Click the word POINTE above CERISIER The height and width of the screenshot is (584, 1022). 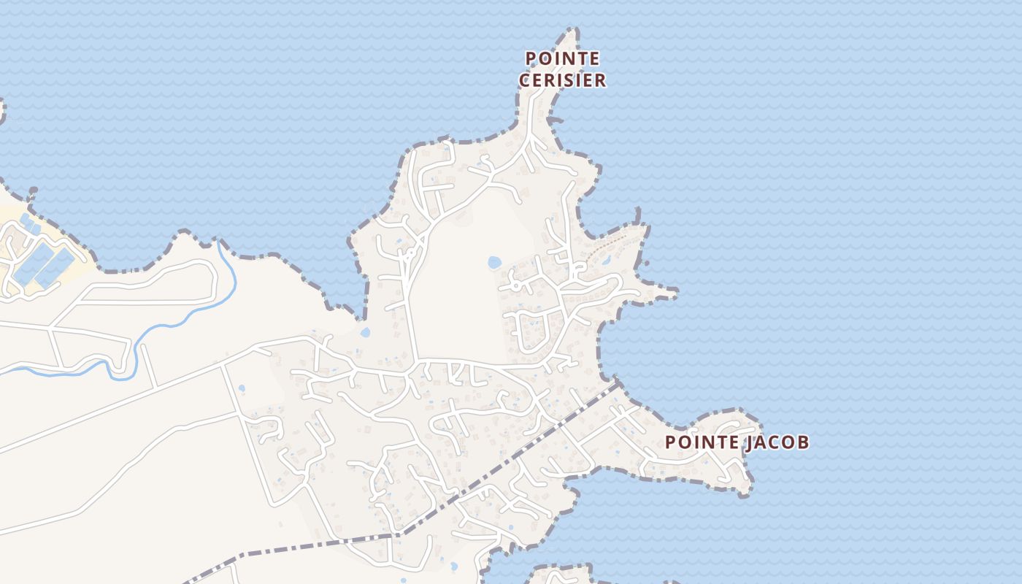point(562,58)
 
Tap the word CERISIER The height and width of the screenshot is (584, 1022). point(562,80)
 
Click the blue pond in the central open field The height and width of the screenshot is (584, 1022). point(494,262)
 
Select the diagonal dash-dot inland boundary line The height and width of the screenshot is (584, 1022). point(511,453)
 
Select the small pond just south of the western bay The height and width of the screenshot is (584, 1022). point(365,332)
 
